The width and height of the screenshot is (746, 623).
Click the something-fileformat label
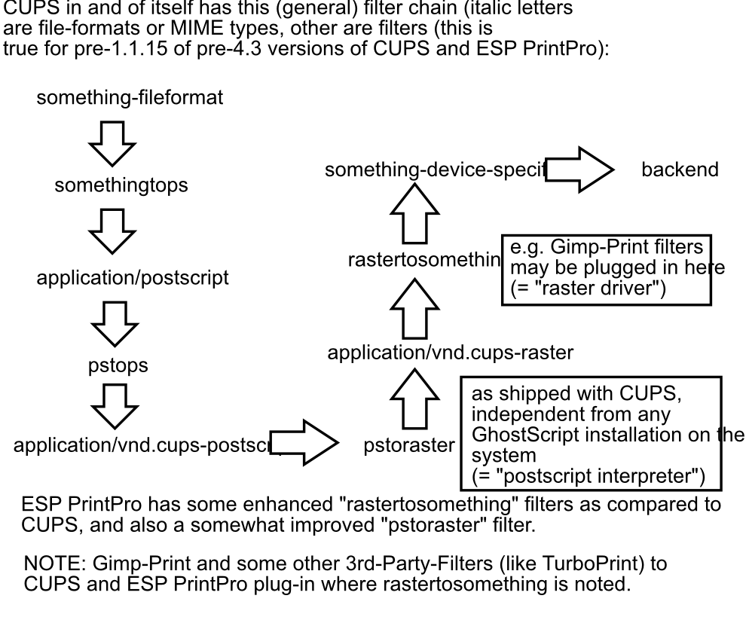pos(130,98)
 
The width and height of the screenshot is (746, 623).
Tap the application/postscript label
pos(133,278)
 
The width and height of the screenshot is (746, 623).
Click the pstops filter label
pos(116,367)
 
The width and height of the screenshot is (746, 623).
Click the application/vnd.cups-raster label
pos(451,352)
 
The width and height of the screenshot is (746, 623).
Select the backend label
pos(679,169)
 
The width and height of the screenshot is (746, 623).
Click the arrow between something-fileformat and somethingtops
pos(112,142)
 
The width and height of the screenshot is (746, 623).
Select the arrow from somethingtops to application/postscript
pos(112,231)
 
